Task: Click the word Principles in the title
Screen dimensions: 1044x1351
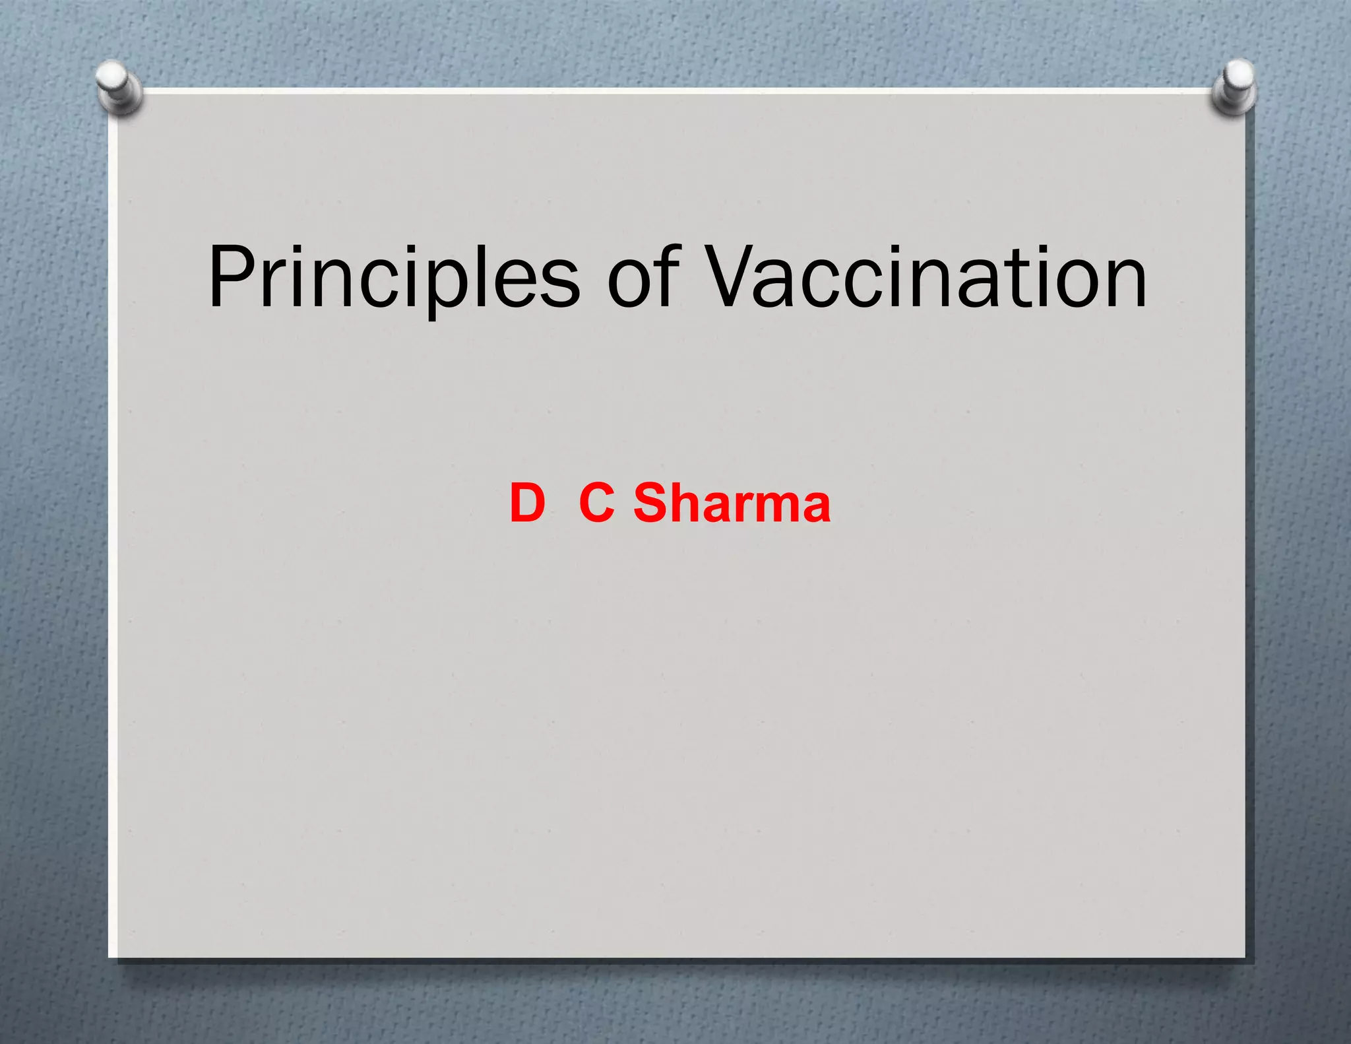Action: pos(394,277)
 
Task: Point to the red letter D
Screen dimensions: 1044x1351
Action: pos(527,503)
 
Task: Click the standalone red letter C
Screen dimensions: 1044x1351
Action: pos(597,503)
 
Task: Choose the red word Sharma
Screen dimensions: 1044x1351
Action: pos(732,503)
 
